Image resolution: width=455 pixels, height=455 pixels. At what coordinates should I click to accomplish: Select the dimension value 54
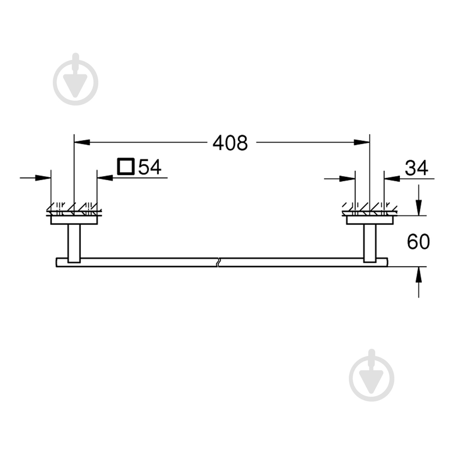[150, 167]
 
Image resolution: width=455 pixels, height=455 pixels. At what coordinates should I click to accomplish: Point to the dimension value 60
[418, 242]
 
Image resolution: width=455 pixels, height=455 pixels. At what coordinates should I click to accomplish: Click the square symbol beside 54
[125, 167]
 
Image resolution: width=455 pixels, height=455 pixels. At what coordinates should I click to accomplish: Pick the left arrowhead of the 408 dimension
[82, 142]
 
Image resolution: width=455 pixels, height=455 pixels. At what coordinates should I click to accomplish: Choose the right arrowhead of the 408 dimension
[362, 142]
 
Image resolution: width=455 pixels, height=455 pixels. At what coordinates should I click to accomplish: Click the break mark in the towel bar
[218, 262]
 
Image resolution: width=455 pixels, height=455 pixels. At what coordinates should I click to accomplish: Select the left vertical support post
[74, 243]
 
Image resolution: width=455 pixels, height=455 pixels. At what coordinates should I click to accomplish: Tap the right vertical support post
[370, 243]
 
